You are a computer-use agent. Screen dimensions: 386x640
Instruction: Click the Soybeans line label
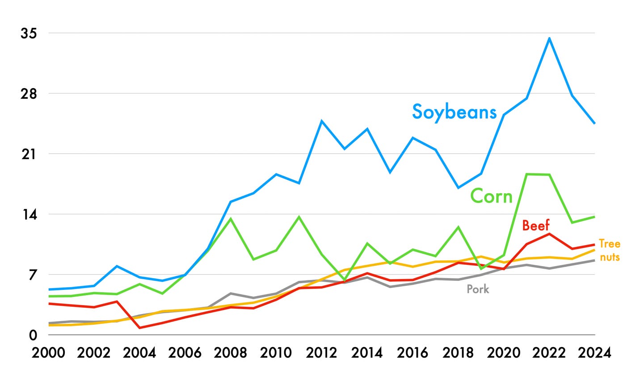point(454,111)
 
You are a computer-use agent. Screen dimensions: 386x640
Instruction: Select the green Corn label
point(491,196)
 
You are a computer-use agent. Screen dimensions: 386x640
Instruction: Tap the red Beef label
point(535,225)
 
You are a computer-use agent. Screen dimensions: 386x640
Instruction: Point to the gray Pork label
point(478,289)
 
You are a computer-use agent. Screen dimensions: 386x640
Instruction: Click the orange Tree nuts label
point(609,250)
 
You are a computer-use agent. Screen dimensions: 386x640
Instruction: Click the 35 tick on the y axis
point(29,34)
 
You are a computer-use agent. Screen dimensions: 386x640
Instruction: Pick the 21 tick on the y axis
point(29,154)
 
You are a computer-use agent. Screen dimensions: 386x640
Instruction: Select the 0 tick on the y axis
point(33,335)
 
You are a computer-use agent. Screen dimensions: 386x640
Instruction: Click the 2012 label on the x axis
point(321,352)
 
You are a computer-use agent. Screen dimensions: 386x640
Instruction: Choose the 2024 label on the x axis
point(594,352)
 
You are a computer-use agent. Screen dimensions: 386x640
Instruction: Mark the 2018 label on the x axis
point(458,352)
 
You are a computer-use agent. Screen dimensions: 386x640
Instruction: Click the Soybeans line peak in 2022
point(549,38)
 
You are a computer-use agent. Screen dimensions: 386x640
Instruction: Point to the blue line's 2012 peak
point(321,121)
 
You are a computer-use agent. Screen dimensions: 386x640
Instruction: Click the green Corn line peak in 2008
point(231,219)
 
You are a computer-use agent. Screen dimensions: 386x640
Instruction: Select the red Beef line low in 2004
point(139,328)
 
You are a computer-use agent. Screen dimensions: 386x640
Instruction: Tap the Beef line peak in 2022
point(549,233)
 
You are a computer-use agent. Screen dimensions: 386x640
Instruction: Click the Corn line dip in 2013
point(345,280)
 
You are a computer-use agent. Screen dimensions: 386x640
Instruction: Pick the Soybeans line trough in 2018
point(458,188)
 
